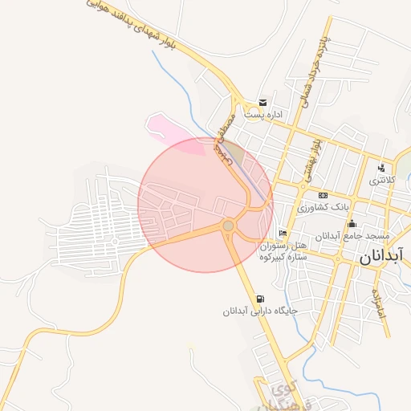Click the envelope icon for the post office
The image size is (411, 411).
(262, 102)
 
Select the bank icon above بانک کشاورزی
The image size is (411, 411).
(323, 195)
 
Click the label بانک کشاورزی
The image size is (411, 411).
(324, 207)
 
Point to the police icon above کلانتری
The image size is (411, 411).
(380, 169)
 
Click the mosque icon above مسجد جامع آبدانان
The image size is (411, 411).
(351, 223)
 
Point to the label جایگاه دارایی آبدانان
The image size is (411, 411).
(261, 311)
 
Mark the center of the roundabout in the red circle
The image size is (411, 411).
(229, 226)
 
